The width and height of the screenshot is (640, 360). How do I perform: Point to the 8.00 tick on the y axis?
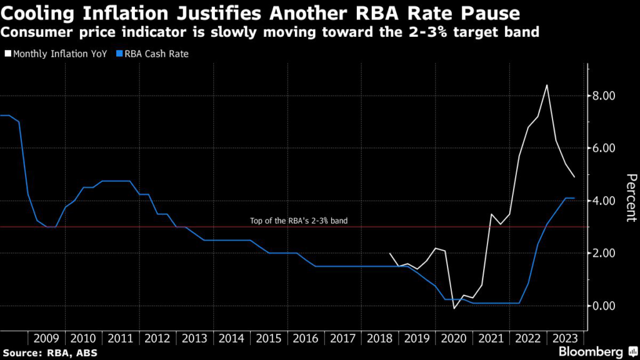[604, 96]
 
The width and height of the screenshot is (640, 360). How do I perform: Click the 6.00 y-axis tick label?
[604, 148]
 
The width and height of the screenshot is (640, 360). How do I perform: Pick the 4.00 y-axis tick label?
[604, 201]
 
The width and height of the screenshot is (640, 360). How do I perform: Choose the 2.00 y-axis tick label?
[604, 253]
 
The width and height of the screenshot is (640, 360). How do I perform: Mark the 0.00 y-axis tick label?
[604, 306]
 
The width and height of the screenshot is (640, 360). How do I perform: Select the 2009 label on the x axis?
[46, 338]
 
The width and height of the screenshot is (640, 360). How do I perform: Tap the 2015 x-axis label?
[269, 338]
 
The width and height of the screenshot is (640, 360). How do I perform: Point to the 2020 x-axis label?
[454, 338]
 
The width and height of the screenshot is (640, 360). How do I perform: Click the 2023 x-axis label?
[565, 338]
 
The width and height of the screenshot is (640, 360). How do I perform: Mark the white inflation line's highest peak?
[547, 85]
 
